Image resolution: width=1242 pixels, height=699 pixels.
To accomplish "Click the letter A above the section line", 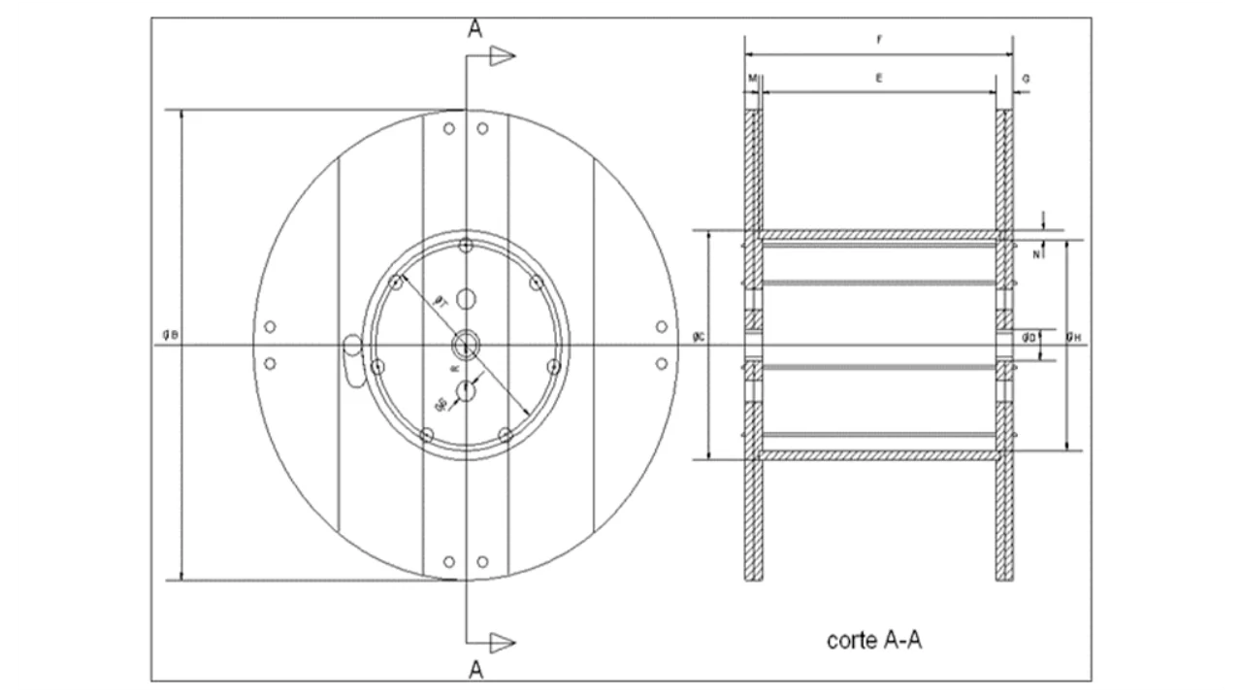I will (475, 29).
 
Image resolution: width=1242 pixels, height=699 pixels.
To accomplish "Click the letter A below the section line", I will (475, 669).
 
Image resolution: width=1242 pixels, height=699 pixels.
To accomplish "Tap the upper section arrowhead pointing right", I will (502, 56).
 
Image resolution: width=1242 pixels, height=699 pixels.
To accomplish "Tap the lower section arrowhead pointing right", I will (502, 642).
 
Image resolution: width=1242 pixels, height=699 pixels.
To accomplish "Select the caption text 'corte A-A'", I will (873, 640).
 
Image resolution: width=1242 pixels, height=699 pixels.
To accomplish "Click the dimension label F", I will (879, 41).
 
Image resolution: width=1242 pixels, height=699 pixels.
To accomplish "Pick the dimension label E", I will (879, 77).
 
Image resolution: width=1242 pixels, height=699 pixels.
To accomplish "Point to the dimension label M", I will (751, 77).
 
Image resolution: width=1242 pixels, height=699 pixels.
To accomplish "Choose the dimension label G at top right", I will (1027, 77).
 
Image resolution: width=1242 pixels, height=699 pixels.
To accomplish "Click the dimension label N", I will (1036, 255).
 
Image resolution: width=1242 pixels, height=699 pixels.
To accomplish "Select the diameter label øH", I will (1072, 337).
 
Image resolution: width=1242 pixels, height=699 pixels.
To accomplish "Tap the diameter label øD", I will (1029, 337).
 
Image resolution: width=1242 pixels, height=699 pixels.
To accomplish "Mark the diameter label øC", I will (699, 337).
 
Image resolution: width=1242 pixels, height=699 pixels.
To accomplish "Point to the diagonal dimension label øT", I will (439, 302).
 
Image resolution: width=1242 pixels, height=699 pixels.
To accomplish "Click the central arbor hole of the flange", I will (467, 343).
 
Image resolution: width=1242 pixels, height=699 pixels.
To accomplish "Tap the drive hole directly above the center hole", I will (467, 298).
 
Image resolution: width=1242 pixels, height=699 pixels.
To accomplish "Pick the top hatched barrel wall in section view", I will (879, 236).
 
